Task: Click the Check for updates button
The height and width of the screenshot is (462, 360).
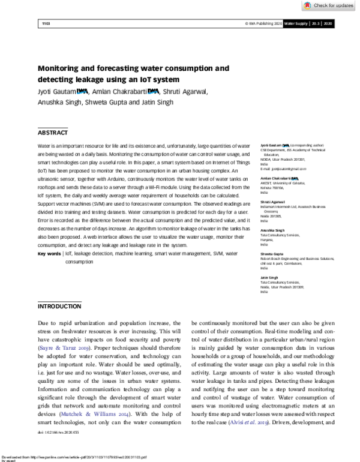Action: pos(329,5)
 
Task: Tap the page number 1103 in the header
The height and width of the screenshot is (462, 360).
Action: pos(46,23)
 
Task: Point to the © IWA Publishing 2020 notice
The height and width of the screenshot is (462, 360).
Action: pos(263,23)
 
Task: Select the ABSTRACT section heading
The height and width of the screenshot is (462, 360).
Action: pos(53,133)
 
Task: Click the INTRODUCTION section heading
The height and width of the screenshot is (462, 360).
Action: pos(59,306)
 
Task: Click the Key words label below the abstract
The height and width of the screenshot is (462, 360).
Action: pos(49,254)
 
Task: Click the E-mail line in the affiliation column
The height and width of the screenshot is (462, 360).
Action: pos(279,169)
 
